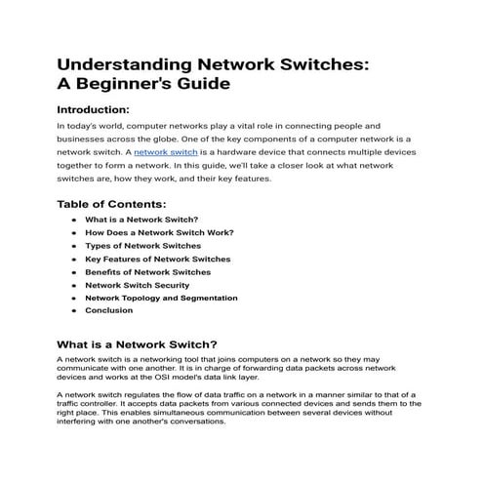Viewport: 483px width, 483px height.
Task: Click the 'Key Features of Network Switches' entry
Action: [157, 260]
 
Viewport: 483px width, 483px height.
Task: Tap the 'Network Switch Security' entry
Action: [138, 285]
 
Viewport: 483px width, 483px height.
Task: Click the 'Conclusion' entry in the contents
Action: [108, 310]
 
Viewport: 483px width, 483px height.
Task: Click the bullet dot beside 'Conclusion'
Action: [74, 310]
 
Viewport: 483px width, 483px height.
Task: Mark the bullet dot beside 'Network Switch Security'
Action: [74, 285]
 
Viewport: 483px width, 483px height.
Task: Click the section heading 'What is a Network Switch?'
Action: [137, 344]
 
